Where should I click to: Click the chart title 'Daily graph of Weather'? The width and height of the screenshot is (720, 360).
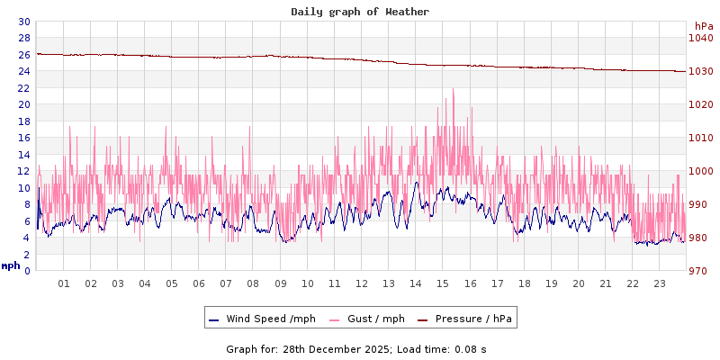[x=360, y=12]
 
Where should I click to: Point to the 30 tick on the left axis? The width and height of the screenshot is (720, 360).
[x=23, y=22]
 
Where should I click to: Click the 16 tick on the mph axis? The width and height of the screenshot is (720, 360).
[x=23, y=138]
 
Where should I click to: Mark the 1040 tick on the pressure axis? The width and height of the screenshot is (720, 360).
[x=700, y=39]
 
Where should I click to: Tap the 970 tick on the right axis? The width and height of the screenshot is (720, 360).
[x=697, y=271]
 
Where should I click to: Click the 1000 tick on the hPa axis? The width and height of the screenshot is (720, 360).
[x=700, y=171]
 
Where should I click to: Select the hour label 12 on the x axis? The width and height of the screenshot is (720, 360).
[x=362, y=283]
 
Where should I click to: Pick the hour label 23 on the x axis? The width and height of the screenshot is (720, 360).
[x=660, y=283]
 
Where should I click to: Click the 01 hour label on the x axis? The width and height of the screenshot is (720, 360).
[x=64, y=283]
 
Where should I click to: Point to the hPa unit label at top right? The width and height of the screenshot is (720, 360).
[x=693, y=26]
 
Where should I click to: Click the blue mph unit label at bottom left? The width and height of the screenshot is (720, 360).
[x=11, y=266]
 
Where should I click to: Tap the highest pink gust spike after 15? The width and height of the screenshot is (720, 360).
[x=454, y=89]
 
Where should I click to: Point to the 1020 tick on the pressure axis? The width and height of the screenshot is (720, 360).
[x=700, y=104]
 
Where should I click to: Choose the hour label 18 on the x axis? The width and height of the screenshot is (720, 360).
[x=524, y=283]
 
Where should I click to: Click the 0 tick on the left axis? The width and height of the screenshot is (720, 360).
[x=27, y=271]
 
